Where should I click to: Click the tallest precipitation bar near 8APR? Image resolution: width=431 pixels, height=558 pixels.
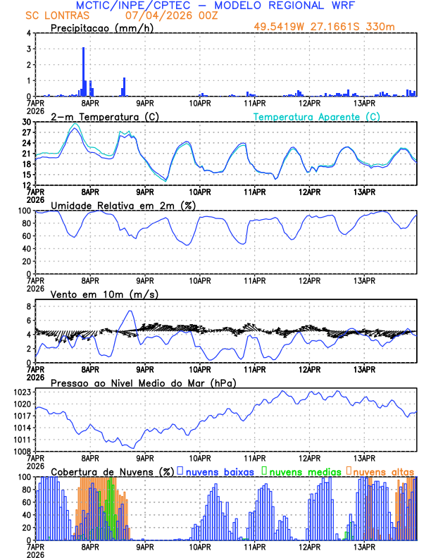[x=83, y=70]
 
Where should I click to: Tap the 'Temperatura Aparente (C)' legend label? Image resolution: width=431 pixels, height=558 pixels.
[x=317, y=116]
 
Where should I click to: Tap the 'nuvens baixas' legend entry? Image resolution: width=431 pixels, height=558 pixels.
[x=219, y=471]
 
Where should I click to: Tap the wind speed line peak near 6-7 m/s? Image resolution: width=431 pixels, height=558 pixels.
[x=130, y=311]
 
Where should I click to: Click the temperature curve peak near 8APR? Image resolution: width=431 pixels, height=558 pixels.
[x=75, y=128]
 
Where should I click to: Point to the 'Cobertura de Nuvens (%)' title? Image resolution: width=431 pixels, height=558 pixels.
[x=111, y=471]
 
